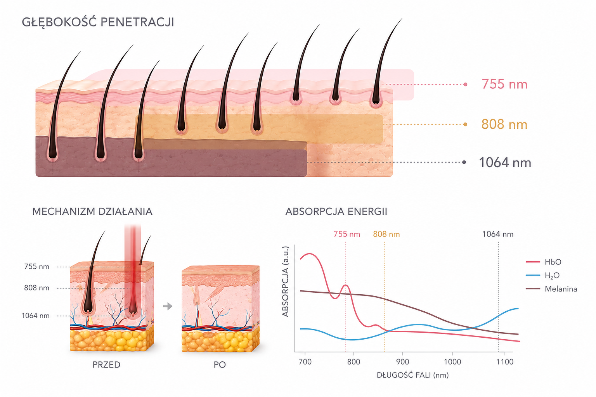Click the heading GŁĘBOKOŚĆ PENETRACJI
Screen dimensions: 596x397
(98, 22)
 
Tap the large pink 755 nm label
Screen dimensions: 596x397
(504, 84)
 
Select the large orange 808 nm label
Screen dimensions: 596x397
(504, 124)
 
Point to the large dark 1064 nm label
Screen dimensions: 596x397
(505, 162)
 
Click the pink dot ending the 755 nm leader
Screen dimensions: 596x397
(465, 84)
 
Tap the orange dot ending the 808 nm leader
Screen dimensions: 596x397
(465, 124)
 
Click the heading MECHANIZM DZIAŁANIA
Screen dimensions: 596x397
(92, 212)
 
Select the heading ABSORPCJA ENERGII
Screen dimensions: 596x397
(336, 212)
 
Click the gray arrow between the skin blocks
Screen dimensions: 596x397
(168, 306)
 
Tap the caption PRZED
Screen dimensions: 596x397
(106, 364)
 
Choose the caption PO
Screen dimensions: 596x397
(220, 364)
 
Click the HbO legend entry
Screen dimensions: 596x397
(544, 262)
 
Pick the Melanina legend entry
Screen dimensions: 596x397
(551, 289)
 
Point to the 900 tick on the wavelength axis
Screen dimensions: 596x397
(402, 362)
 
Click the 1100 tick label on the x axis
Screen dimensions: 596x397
(505, 362)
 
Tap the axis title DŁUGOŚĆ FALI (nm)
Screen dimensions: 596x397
(413, 375)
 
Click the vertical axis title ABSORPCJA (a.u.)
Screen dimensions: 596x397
(286, 281)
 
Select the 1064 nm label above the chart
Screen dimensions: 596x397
(498, 234)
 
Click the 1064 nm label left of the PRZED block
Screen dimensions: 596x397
(36, 316)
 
